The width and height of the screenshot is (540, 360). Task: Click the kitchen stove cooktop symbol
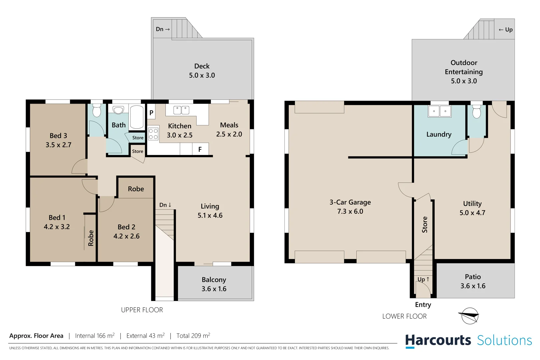tap(153, 134)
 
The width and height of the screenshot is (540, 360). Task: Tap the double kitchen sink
tap(181, 110)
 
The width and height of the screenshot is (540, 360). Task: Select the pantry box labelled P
tap(151, 113)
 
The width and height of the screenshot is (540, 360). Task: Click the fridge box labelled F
tap(200, 149)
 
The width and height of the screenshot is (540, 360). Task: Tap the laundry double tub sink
tap(439, 111)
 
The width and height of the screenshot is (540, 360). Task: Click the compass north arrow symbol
tap(470, 315)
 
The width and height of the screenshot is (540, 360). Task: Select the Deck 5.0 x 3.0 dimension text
tap(202, 75)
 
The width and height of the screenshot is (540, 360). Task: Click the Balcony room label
tap(214, 280)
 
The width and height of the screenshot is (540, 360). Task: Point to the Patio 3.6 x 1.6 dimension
tap(473, 286)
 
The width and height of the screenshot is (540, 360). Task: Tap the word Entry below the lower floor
tap(423, 305)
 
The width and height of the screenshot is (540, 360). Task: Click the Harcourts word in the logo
tap(438, 341)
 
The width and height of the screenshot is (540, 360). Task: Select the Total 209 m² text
tap(193, 336)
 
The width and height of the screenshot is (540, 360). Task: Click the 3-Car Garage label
tap(350, 202)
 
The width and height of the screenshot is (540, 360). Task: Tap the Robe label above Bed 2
tap(136, 189)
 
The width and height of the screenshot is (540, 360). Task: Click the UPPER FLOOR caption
tap(142, 310)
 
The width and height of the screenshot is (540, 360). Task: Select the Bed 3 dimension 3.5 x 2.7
tap(58, 145)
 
